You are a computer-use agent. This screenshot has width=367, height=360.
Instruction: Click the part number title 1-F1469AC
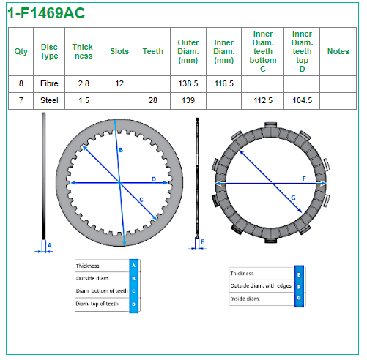[x=46, y=13]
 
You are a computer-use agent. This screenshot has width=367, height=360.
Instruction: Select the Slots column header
[x=119, y=51]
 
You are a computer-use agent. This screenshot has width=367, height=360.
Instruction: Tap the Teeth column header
[x=153, y=51]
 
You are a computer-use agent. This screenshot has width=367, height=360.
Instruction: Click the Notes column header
[x=338, y=51]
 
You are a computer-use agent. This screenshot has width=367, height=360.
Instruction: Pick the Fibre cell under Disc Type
[x=49, y=83]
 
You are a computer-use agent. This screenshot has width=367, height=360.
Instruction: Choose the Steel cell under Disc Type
[x=49, y=100]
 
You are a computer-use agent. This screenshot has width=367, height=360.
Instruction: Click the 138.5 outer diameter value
[x=188, y=83]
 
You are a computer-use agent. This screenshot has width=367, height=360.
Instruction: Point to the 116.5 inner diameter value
[x=224, y=83]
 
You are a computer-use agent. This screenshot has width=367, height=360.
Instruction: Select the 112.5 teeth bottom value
[x=263, y=100]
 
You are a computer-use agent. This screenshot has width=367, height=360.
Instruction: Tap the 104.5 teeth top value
[x=303, y=100]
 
